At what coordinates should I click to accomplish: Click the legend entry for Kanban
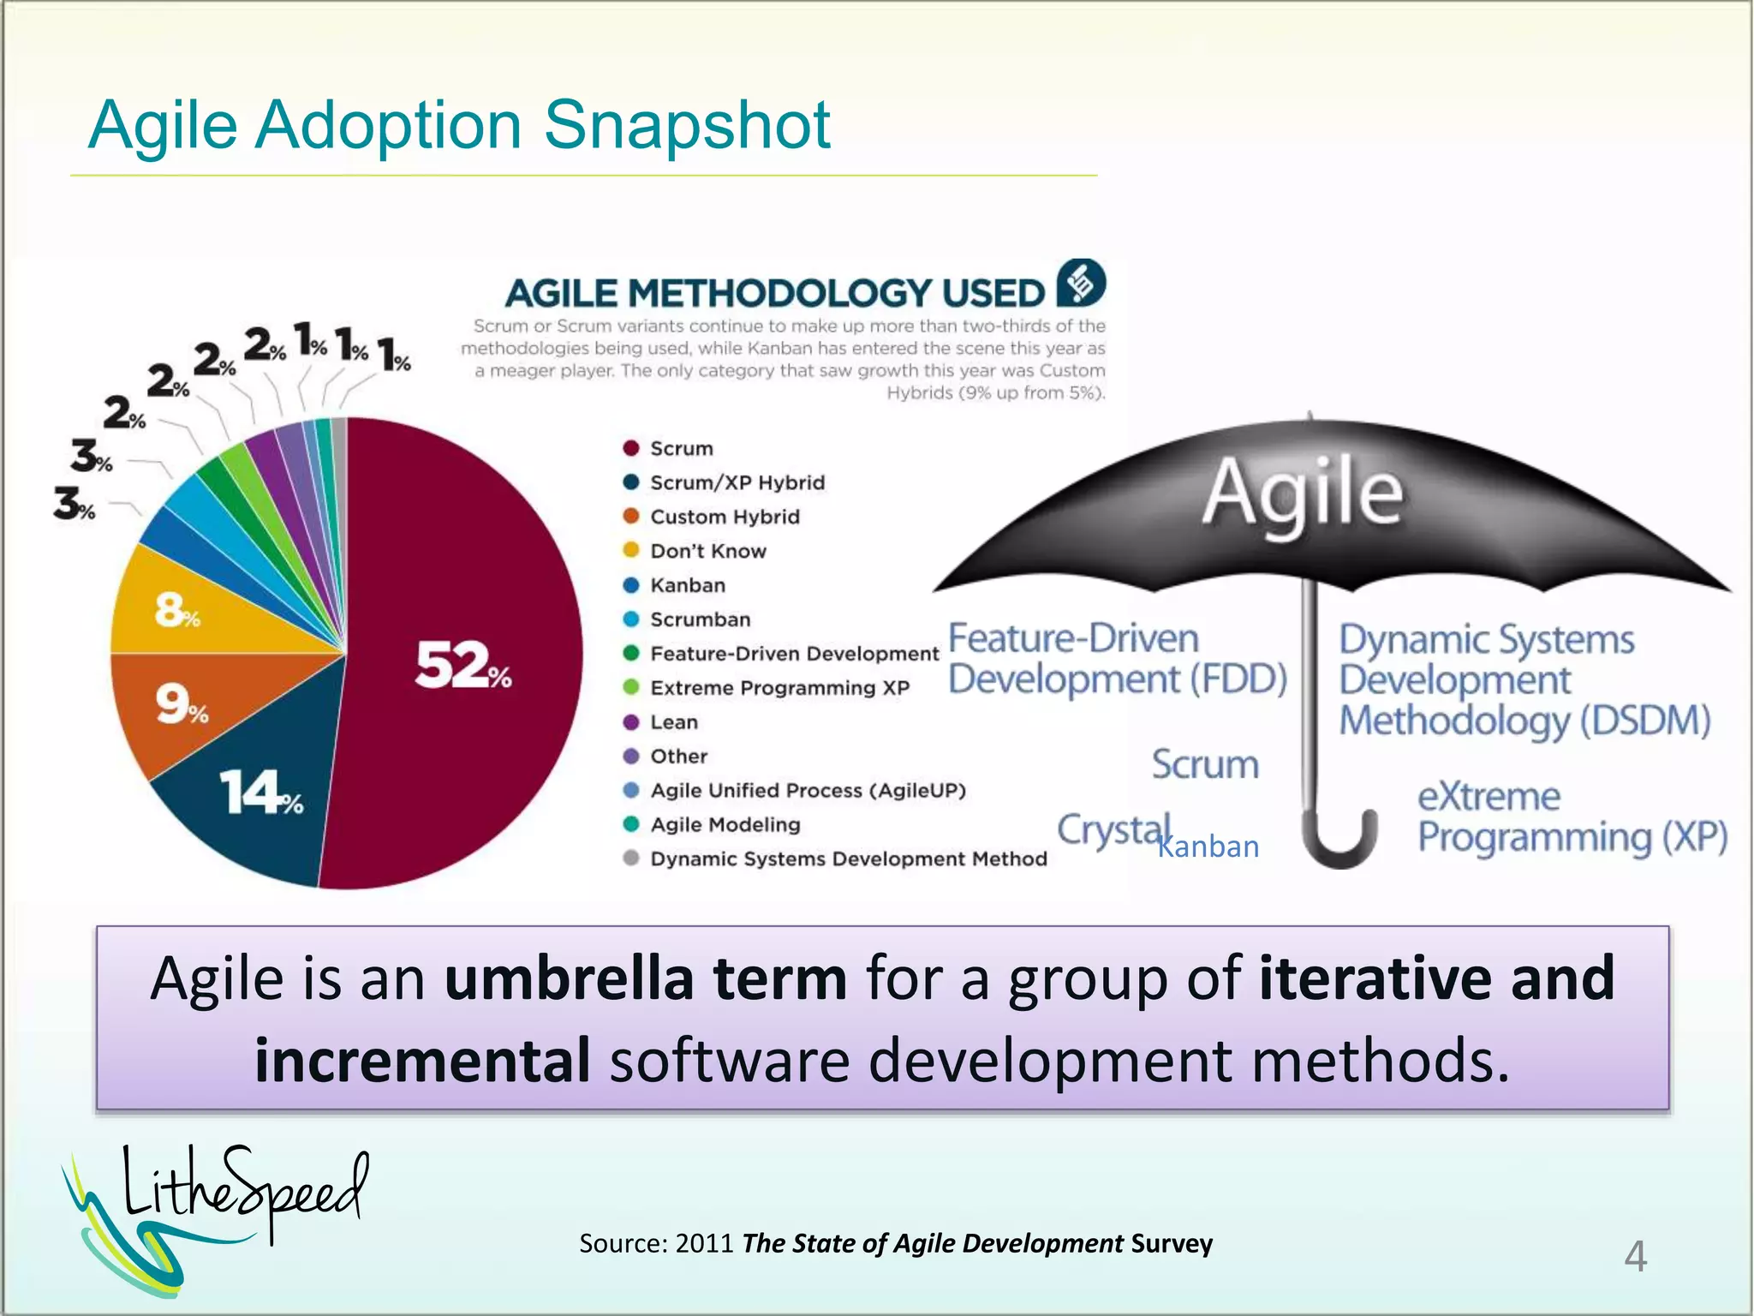687,585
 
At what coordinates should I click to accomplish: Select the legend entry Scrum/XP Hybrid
737,482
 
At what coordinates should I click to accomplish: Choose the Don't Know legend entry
707,551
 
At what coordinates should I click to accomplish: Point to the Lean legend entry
673,722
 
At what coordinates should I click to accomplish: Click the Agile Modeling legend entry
725,824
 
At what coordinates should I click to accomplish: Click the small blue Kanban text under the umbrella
1208,846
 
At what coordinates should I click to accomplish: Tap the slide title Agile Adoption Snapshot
459,125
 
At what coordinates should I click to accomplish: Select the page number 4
1635,1256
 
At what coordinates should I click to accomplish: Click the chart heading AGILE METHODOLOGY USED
774,293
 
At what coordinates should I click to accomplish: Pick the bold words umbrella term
646,978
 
